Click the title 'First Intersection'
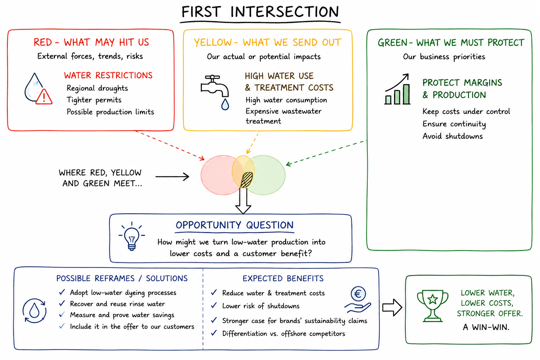260,12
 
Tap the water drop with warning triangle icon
38,89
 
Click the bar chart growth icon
397,89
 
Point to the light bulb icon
131,236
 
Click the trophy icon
432,306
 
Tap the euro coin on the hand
358,294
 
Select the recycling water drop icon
34,310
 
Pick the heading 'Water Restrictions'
108,76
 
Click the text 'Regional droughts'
97,88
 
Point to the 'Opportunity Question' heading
234,225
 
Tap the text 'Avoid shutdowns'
452,136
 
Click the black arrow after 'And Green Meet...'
172,176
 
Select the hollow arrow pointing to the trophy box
392,307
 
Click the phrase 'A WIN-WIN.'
486,327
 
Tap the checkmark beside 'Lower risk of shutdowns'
214,306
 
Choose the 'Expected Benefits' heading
283,278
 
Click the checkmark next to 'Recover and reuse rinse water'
62,303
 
